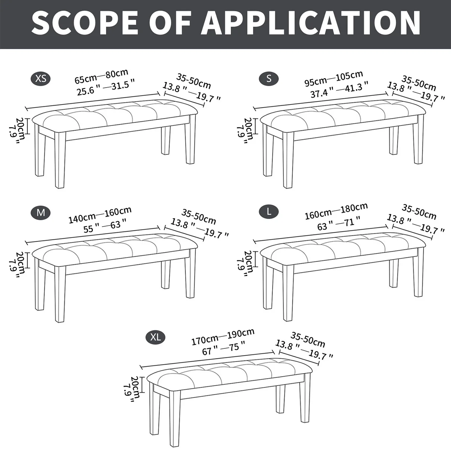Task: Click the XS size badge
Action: coord(41,79)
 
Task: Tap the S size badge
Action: coord(269,79)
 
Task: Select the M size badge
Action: coord(41,212)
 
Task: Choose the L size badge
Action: coord(269,212)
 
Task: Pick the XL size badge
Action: coord(155,337)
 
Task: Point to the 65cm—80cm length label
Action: coord(101,76)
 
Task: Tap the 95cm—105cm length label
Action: coord(333,78)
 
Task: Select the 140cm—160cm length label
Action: coord(100,215)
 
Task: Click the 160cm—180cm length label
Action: coord(336,211)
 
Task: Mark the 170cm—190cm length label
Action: coord(223,337)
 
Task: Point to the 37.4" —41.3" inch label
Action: coord(339,90)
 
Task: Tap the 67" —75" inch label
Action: coord(224,349)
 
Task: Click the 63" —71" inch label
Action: coord(339,224)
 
